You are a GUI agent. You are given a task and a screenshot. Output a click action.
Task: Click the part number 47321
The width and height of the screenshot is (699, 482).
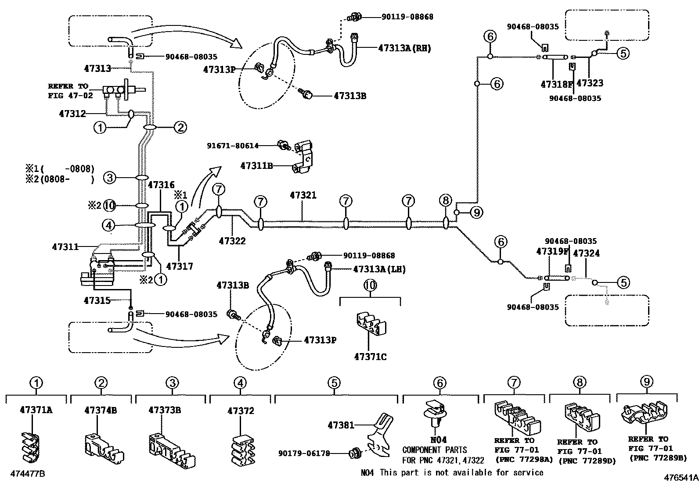point(303,195)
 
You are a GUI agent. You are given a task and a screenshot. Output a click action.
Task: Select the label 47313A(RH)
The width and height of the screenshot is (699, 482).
point(404,48)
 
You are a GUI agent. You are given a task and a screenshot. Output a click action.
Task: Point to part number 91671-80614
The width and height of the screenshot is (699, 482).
point(233,146)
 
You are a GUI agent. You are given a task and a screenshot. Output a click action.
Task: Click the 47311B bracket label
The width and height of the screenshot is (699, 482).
point(256,166)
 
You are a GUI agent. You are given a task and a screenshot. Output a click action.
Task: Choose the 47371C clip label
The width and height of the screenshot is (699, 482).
point(370,357)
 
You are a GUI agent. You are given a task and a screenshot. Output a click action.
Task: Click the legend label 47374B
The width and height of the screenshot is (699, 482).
point(101,410)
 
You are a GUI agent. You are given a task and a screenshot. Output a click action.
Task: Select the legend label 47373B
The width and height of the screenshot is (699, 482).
point(165,410)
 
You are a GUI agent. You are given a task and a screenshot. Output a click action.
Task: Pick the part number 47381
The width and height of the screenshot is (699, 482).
point(341,425)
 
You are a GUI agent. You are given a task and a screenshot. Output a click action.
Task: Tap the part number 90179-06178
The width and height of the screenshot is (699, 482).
point(304,453)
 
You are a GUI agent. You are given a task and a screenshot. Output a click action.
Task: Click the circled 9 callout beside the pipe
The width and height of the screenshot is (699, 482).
point(476,213)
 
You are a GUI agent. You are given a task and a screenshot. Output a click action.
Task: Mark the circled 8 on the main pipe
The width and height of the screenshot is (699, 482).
point(445,201)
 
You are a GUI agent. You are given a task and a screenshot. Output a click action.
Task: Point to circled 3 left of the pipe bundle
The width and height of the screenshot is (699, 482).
point(110,178)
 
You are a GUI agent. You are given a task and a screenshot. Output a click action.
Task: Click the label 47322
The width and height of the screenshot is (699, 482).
point(232,241)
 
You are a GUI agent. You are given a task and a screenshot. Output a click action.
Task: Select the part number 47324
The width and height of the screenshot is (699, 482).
point(587,253)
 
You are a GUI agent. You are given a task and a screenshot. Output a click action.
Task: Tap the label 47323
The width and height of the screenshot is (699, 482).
point(590,83)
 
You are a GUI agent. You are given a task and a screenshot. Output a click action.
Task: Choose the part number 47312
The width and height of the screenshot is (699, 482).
point(72,114)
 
